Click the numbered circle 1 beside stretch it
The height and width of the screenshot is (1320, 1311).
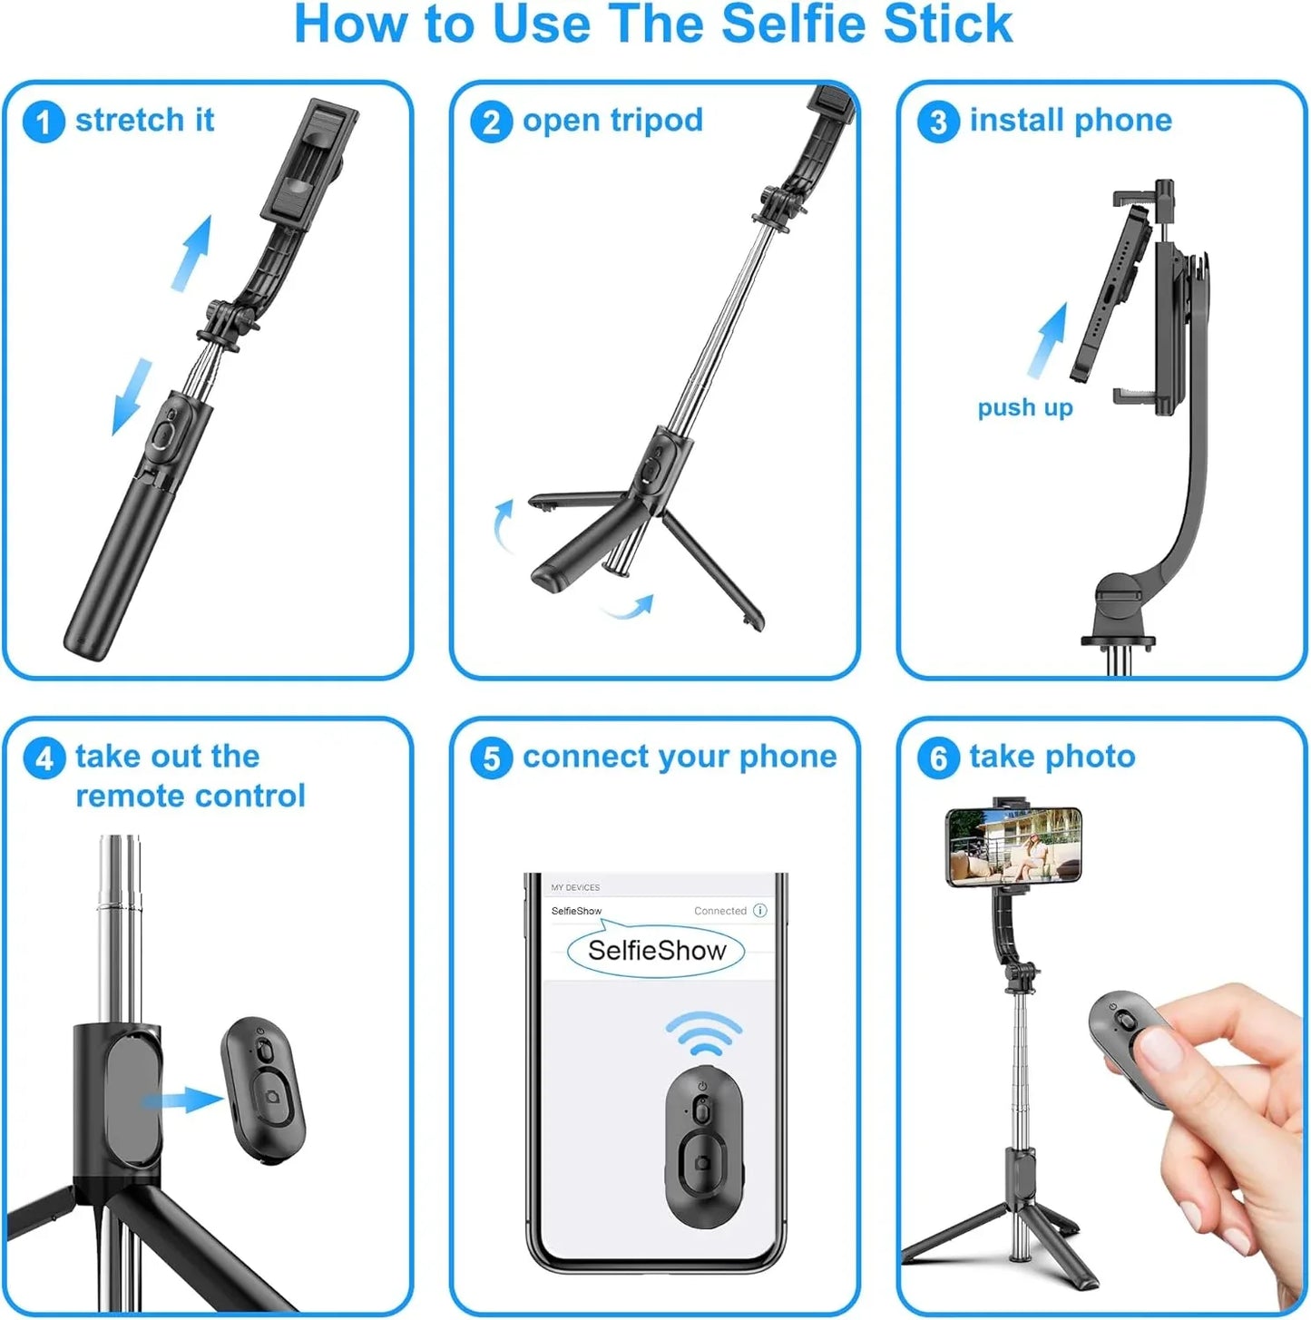(x=44, y=122)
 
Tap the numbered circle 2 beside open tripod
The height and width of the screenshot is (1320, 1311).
(x=491, y=122)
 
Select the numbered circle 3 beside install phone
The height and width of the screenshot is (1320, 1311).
(x=938, y=122)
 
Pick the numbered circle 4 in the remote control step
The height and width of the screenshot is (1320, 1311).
(x=44, y=758)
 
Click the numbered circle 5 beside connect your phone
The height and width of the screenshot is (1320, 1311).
(x=491, y=758)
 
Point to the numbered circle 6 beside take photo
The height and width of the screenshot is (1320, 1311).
(x=938, y=758)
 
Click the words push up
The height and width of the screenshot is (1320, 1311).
(x=1024, y=408)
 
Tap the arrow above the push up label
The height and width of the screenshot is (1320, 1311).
(x=1049, y=340)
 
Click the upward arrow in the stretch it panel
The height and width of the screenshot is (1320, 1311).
(x=192, y=252)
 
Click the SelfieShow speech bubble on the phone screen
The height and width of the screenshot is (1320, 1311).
(x=656, y=951)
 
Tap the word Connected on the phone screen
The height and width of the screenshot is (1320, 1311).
(x=719, y=911)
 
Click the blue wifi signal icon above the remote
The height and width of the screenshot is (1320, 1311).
(x=703, y=1034)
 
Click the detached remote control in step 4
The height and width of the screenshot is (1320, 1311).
(x=263, y=1090)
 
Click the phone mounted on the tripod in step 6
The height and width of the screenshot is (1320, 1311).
(x=1013, y=846)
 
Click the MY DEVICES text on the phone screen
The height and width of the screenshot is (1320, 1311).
(x=575, y=887)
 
